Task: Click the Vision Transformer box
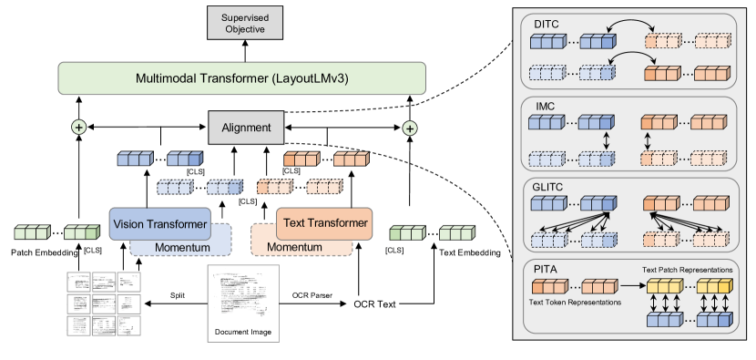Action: click(161, 223)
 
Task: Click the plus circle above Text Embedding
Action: click(410, 129)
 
